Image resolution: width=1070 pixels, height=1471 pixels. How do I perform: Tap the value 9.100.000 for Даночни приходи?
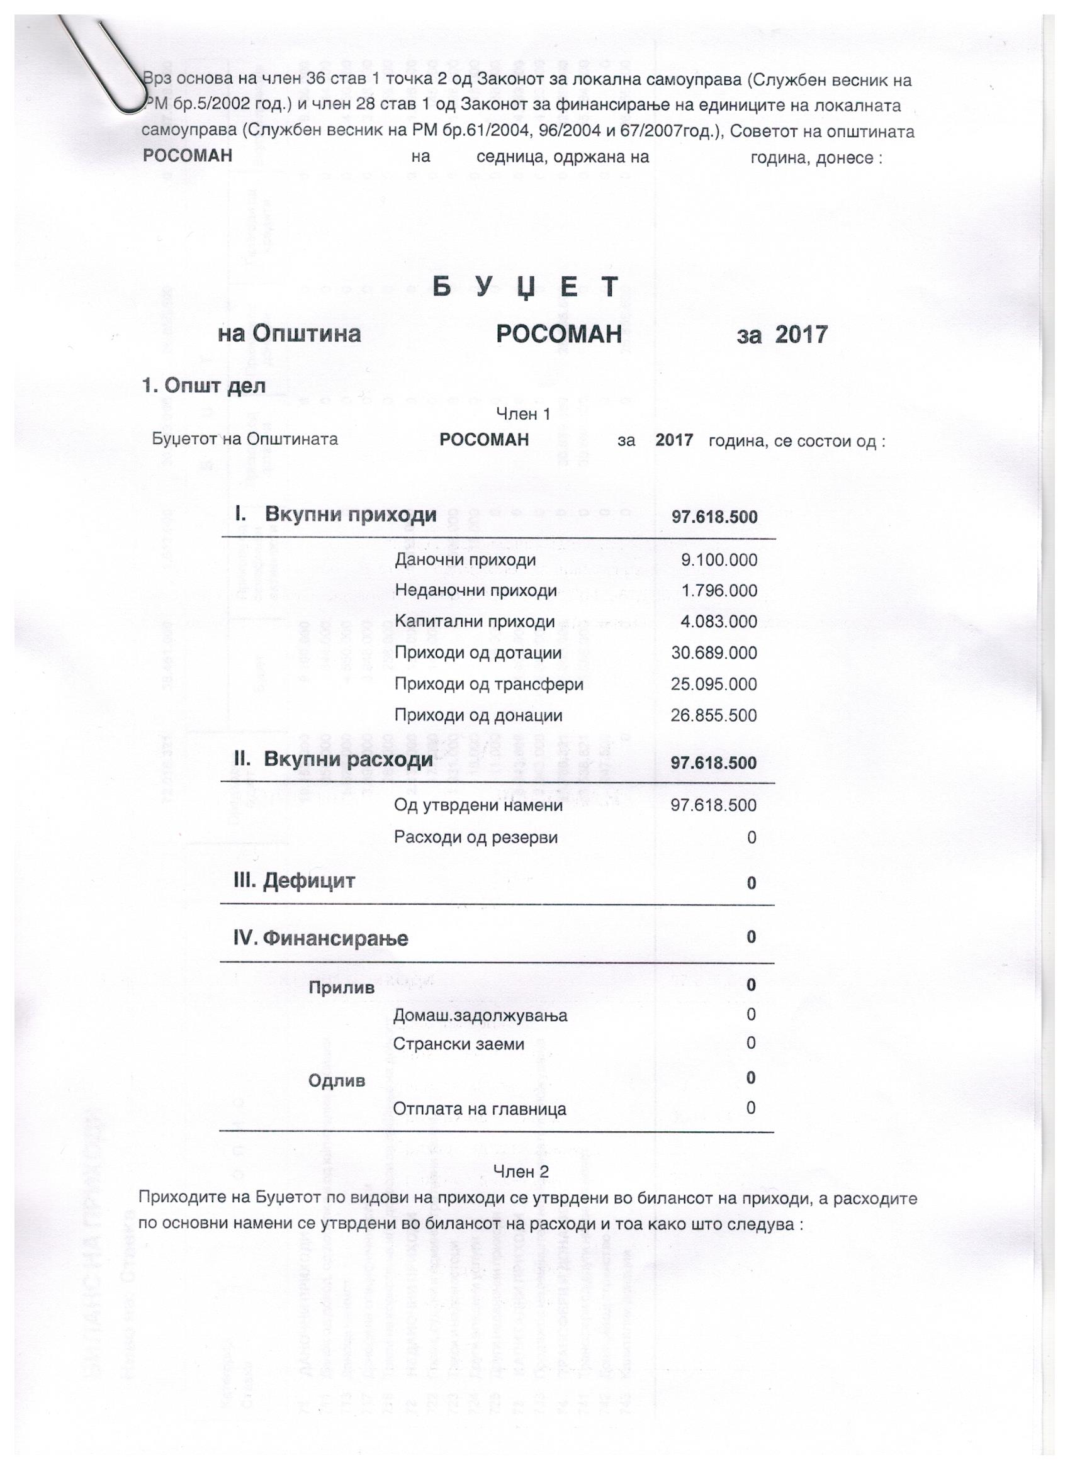point(718,560)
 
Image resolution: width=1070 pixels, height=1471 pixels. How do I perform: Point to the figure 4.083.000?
point(718,622)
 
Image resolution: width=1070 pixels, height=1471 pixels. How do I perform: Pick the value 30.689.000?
point(714,653)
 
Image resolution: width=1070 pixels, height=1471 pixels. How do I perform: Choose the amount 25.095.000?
point(714,685)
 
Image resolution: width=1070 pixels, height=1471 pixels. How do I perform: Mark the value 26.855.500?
point(714,715)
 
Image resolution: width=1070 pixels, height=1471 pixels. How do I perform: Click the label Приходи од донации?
point(478,715)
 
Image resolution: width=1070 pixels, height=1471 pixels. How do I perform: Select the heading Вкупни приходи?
point(351,516)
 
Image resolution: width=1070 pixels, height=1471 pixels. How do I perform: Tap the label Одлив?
point(337,1081)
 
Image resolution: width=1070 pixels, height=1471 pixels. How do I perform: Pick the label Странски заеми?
point(459,1044)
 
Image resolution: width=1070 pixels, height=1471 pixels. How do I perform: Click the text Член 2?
point(521,1172)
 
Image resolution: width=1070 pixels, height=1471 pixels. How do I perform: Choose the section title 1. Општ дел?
point(204,386)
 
